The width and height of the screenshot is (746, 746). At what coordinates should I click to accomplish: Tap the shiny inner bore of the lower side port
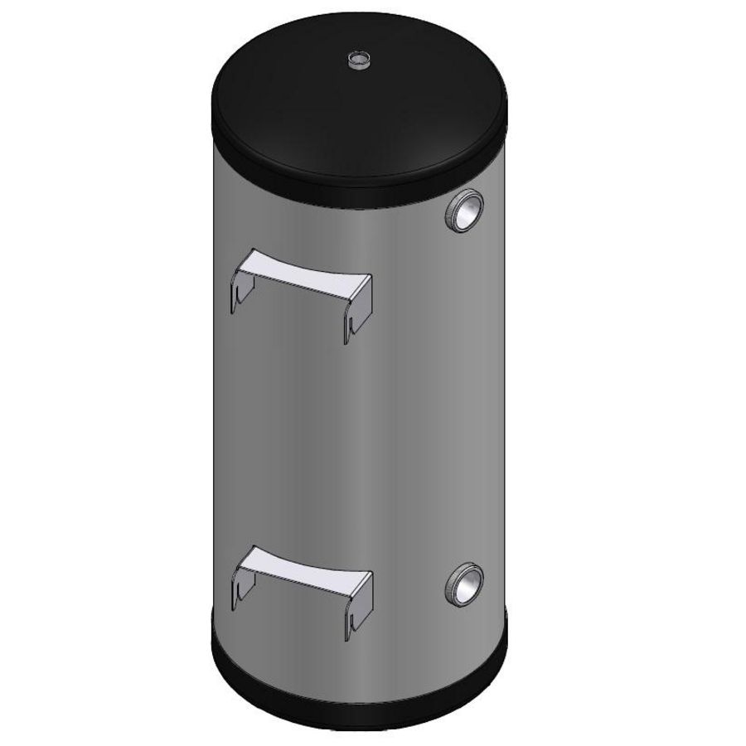[466, 585]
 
